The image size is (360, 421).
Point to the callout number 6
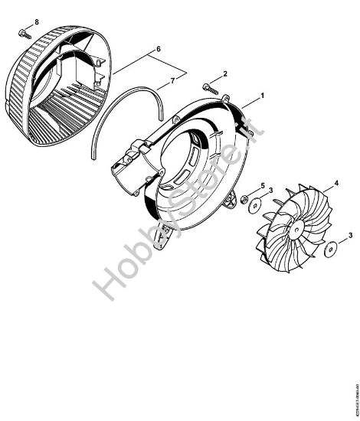pyautogui.click(x=159, y=48)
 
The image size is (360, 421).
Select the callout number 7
pyautogui.click(x=172, y=80)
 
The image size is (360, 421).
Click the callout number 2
pyautogui.click(x=224, y=73)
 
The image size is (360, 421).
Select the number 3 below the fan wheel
pyautogui.click(x=350, y=238)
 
